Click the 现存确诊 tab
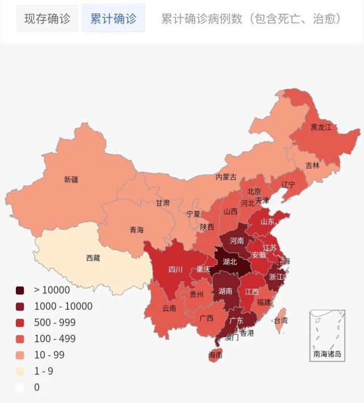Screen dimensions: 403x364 click(x=47, y=19)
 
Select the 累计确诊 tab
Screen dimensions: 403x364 click(x=113, y=19)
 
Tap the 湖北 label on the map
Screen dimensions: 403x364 click(x=230, y=262)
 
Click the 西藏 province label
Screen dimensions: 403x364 click(x=93, y=258)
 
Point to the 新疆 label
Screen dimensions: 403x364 click(x=71, y=180)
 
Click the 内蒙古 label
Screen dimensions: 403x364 click(x=225, y=177)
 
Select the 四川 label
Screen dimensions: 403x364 click(x=175, y=269)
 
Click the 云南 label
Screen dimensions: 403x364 click(x=169, y=309)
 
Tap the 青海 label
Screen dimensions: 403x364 click(x=137, y=230)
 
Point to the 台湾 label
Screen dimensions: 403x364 click(x=281, y=321)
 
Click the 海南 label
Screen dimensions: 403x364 click(x=215, y=355)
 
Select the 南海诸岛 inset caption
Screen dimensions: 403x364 click(x=327, y=354)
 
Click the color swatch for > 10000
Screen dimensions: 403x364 click(x=20, y=290)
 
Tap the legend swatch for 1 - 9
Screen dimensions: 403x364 click(x=20, y=371)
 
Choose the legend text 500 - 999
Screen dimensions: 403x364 click(x=55, y=322)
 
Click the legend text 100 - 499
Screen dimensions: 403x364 click(x=55, y=339)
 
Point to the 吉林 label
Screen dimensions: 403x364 click(x=312, y=165)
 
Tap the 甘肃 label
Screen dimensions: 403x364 click(x=163, y=203)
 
